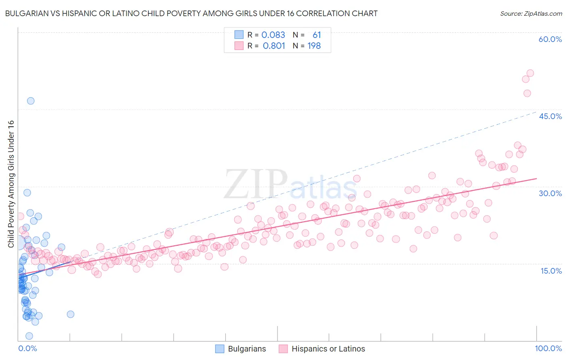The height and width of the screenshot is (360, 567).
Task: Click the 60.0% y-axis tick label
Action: click(550, 39)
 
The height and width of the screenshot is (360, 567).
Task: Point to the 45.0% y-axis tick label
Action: click(550, 116)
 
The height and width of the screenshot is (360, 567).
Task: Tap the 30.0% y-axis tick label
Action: click(550, 193)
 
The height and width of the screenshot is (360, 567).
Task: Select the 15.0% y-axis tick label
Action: click(551, 271)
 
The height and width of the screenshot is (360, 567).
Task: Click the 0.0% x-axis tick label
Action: click(27, 348)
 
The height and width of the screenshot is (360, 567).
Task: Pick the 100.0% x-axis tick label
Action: click(548, 348)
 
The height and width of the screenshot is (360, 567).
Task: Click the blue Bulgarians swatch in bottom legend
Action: click(219, 349)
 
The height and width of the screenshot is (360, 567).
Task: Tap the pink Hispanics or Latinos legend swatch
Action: click(283, 349)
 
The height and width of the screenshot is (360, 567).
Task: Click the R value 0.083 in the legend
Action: click(273, 35)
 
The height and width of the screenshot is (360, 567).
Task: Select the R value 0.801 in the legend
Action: click(274, 46)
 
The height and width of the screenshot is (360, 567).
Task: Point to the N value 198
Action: click(314, 46)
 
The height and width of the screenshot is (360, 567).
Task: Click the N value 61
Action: click(317, 35)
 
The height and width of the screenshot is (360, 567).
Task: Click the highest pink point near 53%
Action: click(530, 73)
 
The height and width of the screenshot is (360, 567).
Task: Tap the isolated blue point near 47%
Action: click(31, 101)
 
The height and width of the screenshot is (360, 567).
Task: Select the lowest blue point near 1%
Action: click(29, 336)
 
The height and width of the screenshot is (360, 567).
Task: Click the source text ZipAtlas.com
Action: click(531, 13)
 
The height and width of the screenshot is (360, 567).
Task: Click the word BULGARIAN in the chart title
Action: click(25, 13)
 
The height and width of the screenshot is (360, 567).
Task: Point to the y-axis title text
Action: click(11, 184)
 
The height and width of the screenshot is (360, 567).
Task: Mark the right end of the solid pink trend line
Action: click(536, 178)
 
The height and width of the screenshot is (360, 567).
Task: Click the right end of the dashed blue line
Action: click(536, 112)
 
